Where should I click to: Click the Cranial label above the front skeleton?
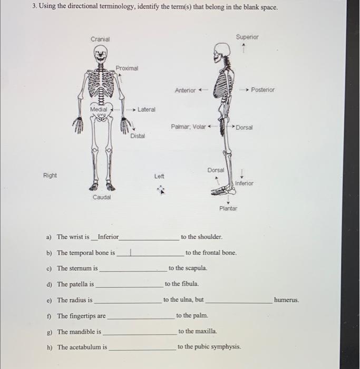(x=100, y=40)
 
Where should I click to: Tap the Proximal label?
(x=127, y=69)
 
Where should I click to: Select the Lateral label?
(x=147, y=110)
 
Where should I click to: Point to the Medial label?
(x=98, y=109)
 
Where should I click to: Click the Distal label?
(x=138, y=136)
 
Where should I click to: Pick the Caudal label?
(x=101, y=197)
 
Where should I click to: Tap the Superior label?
(x=247, y=37)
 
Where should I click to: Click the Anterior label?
(x=185, y=90)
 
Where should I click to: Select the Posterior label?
(x=262, y=90)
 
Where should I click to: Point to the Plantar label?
(x=229, y=208)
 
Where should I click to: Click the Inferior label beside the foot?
(x=244, y=183)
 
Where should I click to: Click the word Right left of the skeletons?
(x=50, y=175)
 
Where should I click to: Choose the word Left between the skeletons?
(x=159, y=176)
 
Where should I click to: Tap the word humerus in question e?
(x=286, y=300)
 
